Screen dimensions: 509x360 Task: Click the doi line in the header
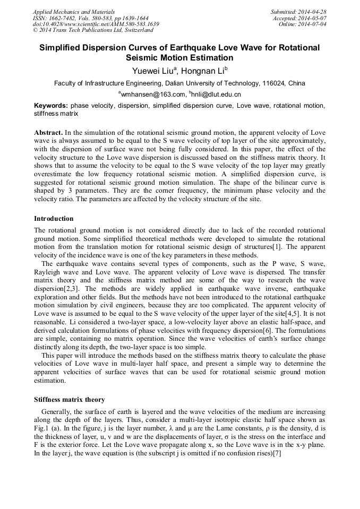[x=96, y=24]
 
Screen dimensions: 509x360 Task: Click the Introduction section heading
[x=54, y=219]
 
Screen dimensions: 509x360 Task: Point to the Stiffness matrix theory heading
[x=69, y=400]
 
